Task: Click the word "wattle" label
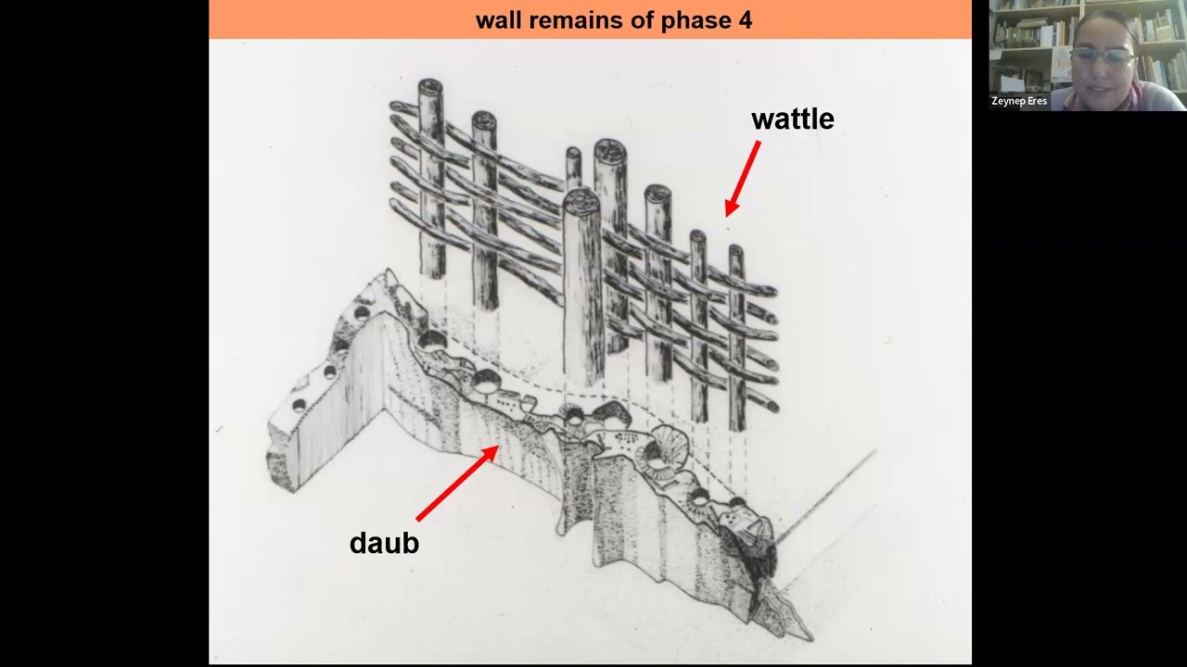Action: coord(793,119)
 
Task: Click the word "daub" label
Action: coord(384,543)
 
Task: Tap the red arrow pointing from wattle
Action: coord(743,179)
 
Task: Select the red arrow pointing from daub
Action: coord(457,483)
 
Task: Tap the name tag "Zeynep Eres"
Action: coord(1019,101)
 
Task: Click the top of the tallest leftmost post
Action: coord(430,87)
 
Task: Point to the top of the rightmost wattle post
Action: coord(735,250)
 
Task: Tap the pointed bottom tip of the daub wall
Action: coord(810,636)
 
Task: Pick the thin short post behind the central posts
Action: coord(573,170)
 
